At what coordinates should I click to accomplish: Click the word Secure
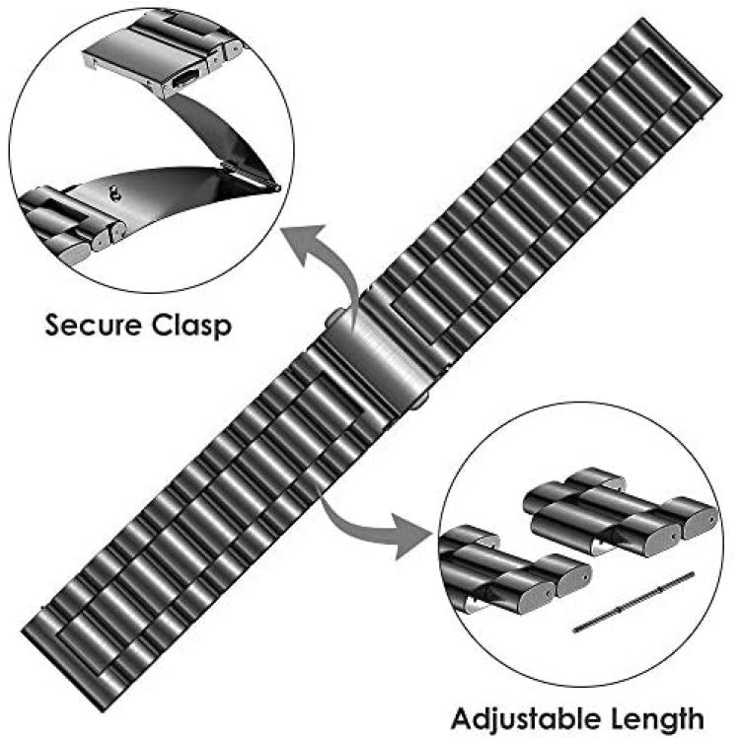click(x=93, y=325)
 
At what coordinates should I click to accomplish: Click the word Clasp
click(x=191, y=326)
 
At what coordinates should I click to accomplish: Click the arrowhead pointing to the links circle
click(x=410, y=536)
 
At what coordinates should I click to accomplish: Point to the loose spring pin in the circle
click(x=633, y=601)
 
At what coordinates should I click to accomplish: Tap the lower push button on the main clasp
click(x=419, y=401)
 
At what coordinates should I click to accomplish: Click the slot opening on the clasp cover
click(x=185, y=78)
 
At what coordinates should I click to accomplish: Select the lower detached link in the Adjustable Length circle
click(x=512, y=570)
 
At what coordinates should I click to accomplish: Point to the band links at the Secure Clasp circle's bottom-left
click(x=66, y=222)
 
